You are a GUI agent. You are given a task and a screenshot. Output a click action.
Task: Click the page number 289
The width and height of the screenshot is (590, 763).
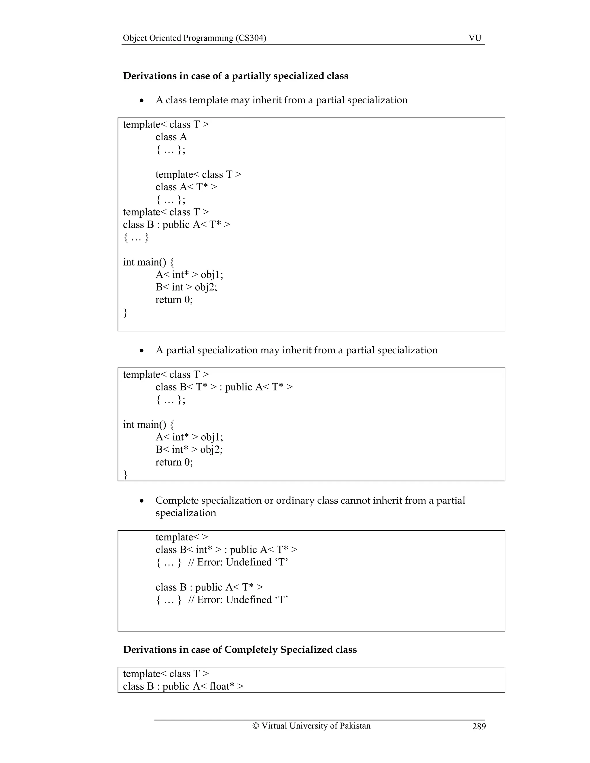click(x=479, y=726)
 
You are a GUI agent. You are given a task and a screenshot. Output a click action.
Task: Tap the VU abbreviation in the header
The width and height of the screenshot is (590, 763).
click(x=475, y=38)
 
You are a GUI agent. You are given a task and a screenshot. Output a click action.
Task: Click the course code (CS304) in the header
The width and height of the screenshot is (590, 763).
click(x=251, y=38)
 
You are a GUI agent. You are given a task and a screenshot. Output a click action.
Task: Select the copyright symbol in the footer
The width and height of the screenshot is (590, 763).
click(x=256, y=726)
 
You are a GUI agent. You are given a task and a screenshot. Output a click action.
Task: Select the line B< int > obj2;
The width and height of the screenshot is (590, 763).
click(x=186, y=287)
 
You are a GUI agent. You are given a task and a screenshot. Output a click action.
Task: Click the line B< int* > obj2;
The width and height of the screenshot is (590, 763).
click(x=189, y=450)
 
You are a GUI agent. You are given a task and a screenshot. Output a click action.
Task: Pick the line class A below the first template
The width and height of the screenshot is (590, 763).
click(x=171, y=137)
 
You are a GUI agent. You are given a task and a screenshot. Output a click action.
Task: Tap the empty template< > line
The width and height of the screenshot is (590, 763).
click(x=182, y=537)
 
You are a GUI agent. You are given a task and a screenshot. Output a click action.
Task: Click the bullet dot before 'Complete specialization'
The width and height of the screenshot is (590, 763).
click(x=141, y=501)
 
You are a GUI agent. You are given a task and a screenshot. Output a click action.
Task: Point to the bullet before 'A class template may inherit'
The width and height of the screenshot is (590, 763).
click(x=141, y=100)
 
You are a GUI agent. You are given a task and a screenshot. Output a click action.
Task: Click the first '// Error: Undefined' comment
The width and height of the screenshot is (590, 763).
click(x=238, y=562)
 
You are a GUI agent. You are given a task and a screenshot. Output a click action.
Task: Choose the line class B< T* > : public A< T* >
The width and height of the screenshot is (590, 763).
click(x=224, y=387)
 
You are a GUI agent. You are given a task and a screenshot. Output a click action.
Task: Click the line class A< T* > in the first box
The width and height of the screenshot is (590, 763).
click(x=186, y=187)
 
